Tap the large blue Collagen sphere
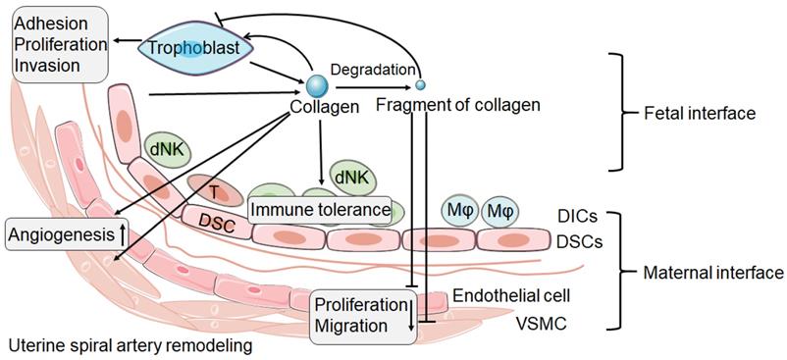pyautogui.click(x=317, y=84)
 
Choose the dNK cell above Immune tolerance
pyautogui.click(x=350, y=178)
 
